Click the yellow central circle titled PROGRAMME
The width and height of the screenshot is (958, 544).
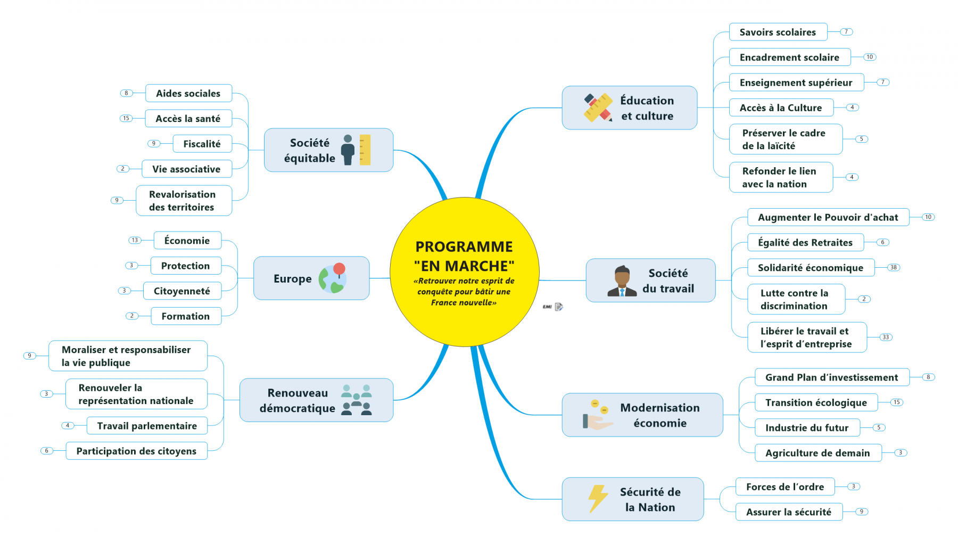click(464, 272)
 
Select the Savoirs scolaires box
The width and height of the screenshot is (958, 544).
click(778, 32)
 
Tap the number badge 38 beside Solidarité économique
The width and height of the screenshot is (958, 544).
click(893, 267)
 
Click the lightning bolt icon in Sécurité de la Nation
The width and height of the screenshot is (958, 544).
click(597, 499)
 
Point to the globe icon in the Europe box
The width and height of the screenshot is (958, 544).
click(333, 278)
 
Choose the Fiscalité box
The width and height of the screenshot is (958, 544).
click(202, 144)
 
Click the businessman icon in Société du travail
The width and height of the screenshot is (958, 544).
click(622, 281)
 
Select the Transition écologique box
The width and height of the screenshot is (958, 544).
click(815, 402)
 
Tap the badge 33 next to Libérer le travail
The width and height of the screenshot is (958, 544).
click(885, 337)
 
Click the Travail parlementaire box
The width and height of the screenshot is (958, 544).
click(147, 426)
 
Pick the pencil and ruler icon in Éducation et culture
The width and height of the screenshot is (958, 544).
click(598, 108)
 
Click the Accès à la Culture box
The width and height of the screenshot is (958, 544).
click(780, 108)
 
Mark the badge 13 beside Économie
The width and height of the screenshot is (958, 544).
click(135, 240)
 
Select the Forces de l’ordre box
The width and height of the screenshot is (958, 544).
click(784, 487)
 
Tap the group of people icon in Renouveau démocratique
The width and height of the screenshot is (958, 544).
click(356, 400)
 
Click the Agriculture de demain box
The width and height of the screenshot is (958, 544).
click(817, 453)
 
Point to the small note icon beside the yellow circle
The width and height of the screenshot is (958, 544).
click(558, 307)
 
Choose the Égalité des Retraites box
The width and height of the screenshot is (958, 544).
click(805, 243)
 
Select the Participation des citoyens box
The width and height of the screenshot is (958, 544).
click(136, 451)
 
